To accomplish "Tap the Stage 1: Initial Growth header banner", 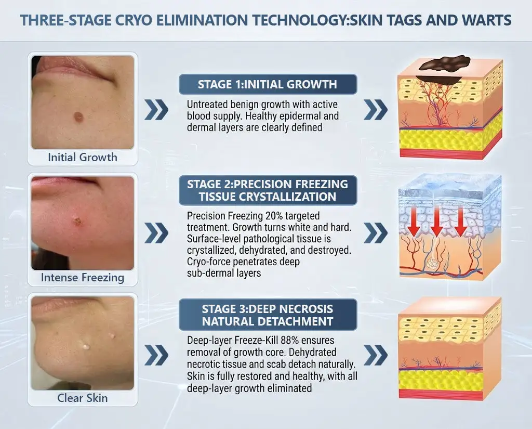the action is click(x=268, y=84).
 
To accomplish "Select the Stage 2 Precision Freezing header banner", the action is click(x=268, y=190).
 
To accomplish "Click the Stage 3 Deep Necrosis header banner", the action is click(x=268, y=315).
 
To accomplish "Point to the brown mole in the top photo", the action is click(x=78, y=117).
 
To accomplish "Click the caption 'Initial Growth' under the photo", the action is click(x=83, y=157).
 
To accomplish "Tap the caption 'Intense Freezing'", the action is click(x=83, y=278).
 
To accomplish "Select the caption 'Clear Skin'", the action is click(x=83, y=398).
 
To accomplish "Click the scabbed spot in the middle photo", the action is click(x=77, y=221).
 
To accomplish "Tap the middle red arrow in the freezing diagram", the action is click(x=437, y=221).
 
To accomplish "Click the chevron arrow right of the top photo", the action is click(x=156, y=110).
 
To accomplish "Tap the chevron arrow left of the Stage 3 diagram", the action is click(x=376, y=355).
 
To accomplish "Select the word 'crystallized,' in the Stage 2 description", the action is click(x=211, y=250).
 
